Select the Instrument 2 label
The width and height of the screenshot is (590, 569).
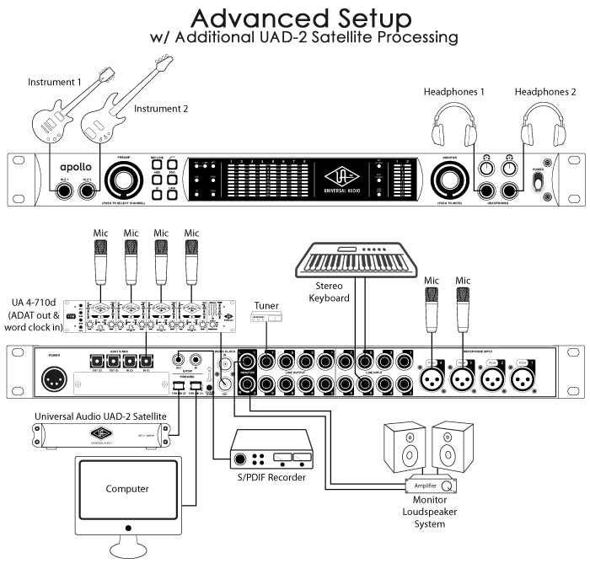coord(160,109)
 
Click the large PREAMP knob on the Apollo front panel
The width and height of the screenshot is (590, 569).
coord(125,180)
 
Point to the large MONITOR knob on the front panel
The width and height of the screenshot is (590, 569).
coord(449,180)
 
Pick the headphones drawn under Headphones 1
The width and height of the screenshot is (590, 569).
coord(459,125)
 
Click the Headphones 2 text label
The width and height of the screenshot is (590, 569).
coord(545,91)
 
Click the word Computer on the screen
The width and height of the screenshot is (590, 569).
coord(127,488)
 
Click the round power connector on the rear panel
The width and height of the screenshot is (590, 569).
coord(56,379)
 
